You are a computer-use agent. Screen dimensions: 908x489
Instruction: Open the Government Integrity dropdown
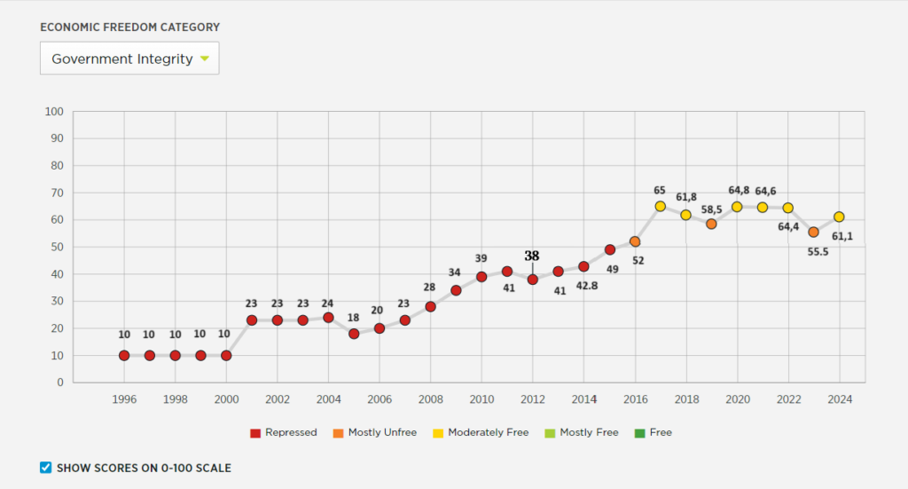click(x=129, y=59)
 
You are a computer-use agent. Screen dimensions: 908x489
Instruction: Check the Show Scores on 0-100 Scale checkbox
click(x=46, y=468)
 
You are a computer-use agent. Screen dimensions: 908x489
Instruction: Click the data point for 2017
click(x=660, y=206)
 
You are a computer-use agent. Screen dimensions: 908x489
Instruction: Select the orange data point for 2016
click(x=635, y=241)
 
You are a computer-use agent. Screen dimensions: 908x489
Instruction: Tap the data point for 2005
click(x=354, y=334)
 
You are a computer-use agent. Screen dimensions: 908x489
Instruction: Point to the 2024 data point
click(x=839, y=217)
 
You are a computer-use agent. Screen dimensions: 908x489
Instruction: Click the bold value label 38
click(x=532, y=256)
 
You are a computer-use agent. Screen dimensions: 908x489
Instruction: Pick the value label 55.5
click(x=818, y=252)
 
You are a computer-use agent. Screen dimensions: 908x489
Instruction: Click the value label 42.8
click(x=587, y=286)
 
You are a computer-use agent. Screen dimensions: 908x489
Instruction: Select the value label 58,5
click(x=712, y=209)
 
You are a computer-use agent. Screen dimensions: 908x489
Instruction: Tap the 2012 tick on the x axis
click(x=533, y=399)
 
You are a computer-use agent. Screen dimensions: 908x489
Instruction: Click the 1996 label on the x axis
click(x=124, y=399)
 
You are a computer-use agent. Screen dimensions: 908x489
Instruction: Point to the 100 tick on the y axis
click(x=54, y=111)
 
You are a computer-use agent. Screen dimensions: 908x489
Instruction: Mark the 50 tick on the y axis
click(x=58, y=247)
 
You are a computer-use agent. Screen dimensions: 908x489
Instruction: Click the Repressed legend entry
click(x=284, y=433)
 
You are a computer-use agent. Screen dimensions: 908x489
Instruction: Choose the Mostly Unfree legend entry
click(x=375, y=433)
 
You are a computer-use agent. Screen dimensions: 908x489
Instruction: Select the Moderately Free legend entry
click(x=481, y=433)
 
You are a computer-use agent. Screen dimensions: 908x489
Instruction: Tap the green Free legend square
click(x=640, y=433)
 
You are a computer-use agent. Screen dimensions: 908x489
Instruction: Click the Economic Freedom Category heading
click(x=129, y=28)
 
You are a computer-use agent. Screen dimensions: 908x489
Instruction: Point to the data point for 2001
click(x=252, y=320)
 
